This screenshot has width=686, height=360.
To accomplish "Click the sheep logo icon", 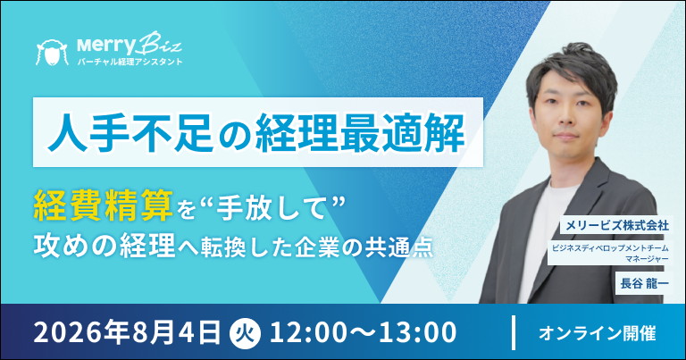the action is coord(52,53).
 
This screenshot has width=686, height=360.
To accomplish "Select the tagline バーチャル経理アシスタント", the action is coord(130,63).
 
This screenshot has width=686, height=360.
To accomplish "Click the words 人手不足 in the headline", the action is coord(130,132).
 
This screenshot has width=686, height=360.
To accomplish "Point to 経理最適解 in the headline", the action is coord(360,132).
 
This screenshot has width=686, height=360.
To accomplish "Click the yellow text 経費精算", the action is coord(104,205).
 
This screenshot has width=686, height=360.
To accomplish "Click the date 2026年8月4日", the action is coord(127,333).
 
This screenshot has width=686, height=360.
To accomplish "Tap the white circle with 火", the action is coord(245,333).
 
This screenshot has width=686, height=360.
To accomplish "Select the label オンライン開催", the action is coord(598,334).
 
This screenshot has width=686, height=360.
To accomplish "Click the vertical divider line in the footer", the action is coord(514,332).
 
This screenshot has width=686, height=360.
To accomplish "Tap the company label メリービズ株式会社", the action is coord(617,225).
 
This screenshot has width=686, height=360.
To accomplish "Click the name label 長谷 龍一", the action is coord(644,283).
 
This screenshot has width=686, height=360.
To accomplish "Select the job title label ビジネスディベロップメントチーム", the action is coord(610,248).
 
